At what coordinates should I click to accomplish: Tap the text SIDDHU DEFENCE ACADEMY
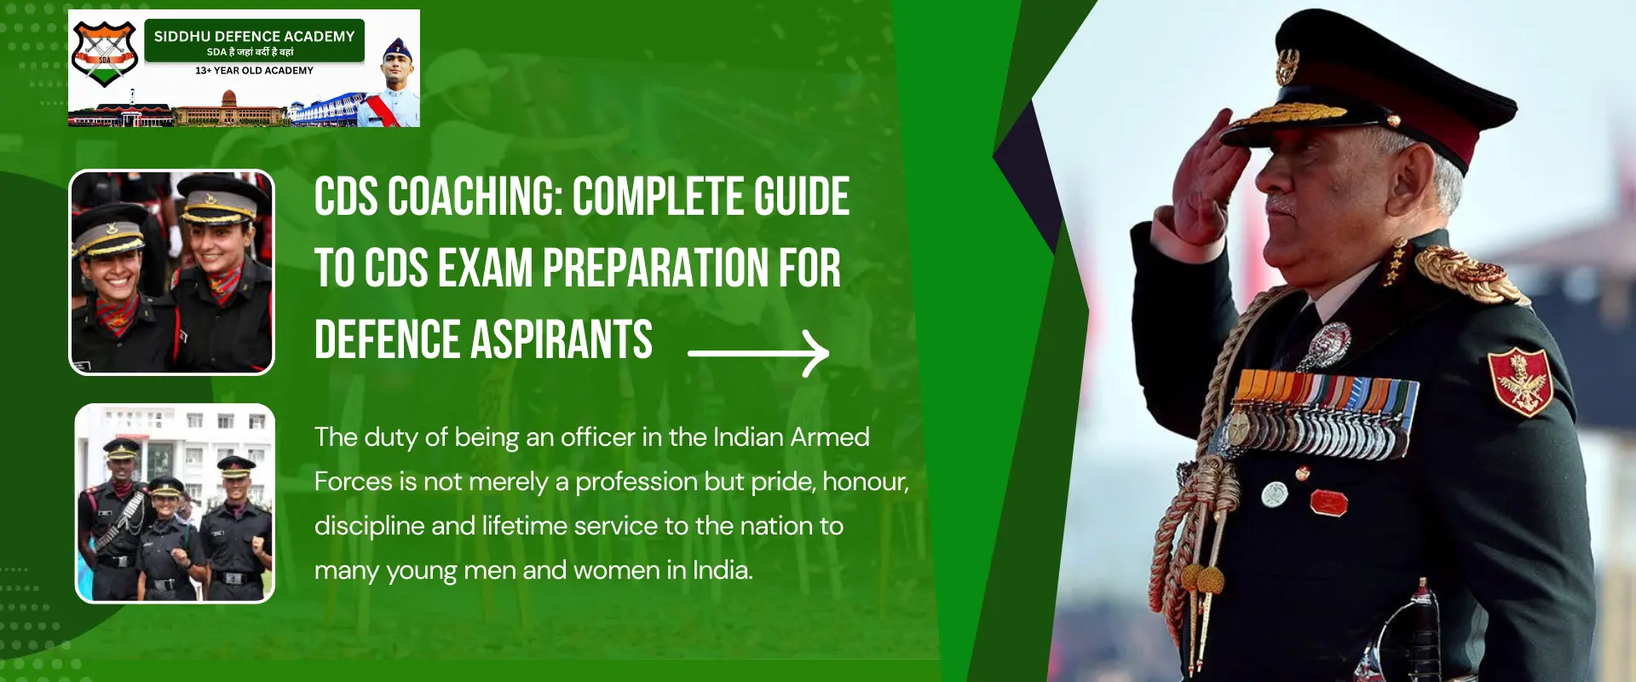[254, 36]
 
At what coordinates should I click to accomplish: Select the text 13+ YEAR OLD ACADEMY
[254, 71]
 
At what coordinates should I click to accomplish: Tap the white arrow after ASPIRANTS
[758, 353]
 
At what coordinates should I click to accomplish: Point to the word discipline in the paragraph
[369, 526]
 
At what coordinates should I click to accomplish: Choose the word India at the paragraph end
[722, 570]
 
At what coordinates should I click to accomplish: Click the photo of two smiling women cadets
[172, 272]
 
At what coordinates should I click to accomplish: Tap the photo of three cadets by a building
[175, 503]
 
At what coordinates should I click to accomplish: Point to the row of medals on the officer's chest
[1325, 413]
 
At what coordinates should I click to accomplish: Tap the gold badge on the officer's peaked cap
[1287, 66]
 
